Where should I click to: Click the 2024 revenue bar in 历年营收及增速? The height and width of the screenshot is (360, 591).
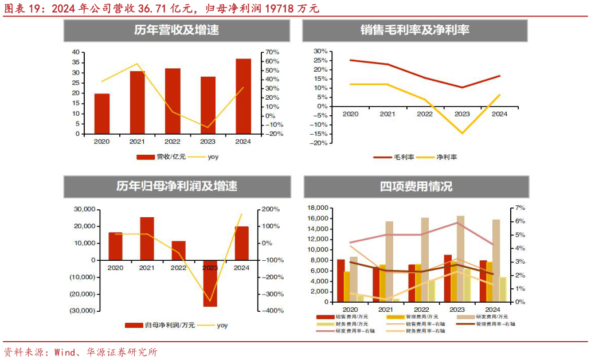pos(243,96)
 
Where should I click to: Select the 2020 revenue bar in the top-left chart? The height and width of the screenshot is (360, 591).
pos(102,114)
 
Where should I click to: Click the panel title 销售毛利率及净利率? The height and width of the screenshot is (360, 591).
pos(415,30)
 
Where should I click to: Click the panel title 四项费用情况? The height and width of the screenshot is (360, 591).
pos(416,187)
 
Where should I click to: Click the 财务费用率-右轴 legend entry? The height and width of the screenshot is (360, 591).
pos(422,331)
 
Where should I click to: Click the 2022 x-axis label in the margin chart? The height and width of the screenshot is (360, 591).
pos(425,114)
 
